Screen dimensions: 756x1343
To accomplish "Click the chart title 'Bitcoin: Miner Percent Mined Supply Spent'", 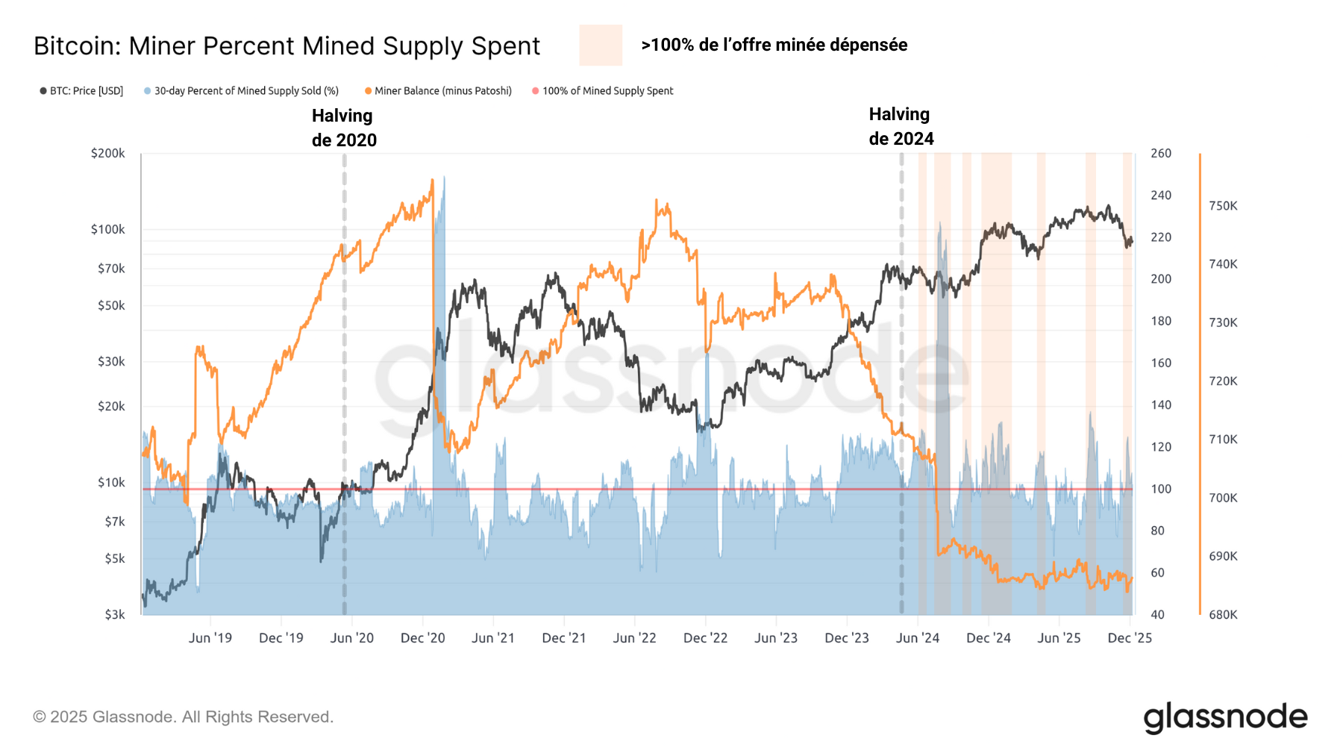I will pos(287,46).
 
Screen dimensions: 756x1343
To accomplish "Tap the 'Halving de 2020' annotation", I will pos(344,128).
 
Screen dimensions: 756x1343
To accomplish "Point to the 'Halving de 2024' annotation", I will pos(901,126).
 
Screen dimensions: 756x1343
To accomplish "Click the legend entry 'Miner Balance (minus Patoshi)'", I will pos(442,91).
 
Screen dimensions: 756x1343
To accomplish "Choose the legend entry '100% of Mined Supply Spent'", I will pos(607,91).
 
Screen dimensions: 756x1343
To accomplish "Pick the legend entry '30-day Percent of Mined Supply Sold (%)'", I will pos(245,91).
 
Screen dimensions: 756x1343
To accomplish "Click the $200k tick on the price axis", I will pos(108,153).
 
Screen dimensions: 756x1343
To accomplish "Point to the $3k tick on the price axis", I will pos(114,615).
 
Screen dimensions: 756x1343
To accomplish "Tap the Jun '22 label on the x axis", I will pos(634,638).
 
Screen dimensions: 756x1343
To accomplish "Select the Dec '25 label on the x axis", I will pos(1130,638).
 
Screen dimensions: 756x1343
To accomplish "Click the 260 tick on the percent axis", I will pos(1161,153).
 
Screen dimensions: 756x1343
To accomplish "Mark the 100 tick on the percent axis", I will pos(1161,489).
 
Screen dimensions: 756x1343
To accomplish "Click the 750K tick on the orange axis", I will pos(1223,206).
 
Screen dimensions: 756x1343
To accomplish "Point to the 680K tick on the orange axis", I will pos(1223,615).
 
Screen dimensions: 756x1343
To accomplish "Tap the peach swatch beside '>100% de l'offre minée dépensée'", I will pos(601,45).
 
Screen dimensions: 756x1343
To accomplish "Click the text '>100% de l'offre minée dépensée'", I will pos(774,45).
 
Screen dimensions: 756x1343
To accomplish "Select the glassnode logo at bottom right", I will pos(1225,717).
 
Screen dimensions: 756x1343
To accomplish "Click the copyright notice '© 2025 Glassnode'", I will pos(183,717).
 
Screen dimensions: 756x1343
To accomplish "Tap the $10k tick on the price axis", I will pos(111,483).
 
